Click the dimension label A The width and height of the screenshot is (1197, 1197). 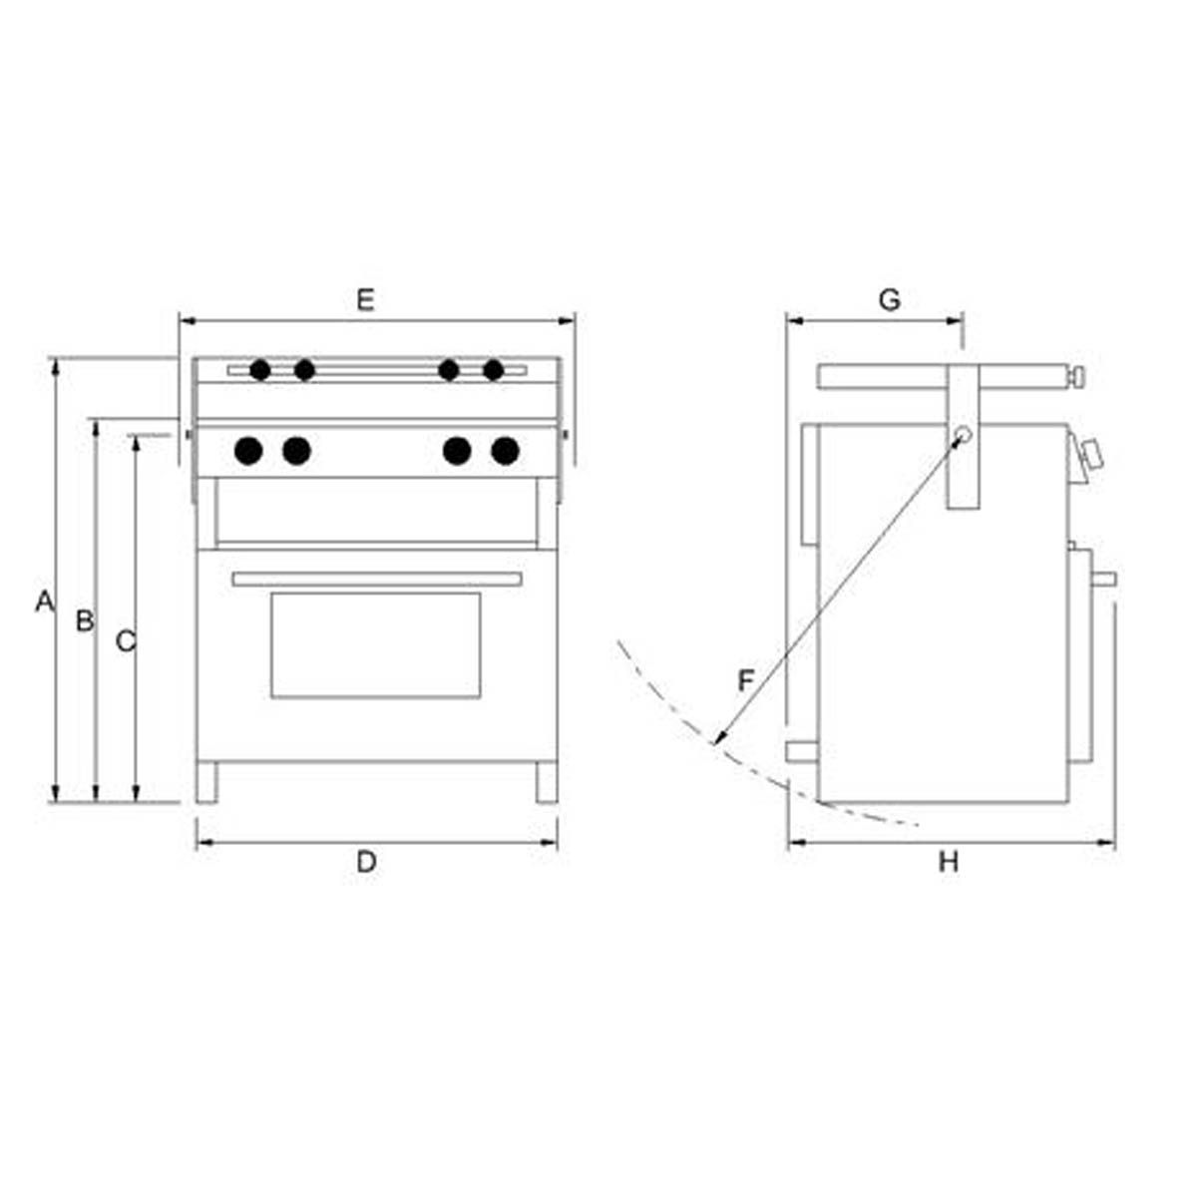(43, 601)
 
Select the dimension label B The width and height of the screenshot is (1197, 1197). (85, 620)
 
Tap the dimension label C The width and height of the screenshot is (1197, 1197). (125, 641)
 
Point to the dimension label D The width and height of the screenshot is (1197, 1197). (366, 862)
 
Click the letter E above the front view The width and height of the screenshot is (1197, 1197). (365, 299)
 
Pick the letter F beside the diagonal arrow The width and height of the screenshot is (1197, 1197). (746, 681)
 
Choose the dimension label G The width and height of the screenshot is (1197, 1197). (889, 299)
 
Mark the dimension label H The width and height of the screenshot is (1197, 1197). (948, 862)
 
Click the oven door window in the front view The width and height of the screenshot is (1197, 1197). (375, 644)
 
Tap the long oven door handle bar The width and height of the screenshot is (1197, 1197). (376, 579)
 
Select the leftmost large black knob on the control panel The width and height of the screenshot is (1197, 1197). (248, 451)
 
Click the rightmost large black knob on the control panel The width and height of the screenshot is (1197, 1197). (506, 451)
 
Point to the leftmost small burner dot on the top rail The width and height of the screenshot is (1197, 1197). (260, 371)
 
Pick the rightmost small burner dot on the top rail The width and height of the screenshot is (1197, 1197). (493, 371)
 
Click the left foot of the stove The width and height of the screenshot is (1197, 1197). (206, 782)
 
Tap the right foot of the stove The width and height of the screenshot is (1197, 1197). (547, 782)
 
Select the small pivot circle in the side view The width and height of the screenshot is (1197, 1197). (962, 435)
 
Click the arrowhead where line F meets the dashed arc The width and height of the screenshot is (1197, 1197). (717, 740)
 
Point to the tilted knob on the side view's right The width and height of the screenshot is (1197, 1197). (1092, 456)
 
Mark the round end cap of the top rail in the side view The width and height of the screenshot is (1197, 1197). (1078, 377)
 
